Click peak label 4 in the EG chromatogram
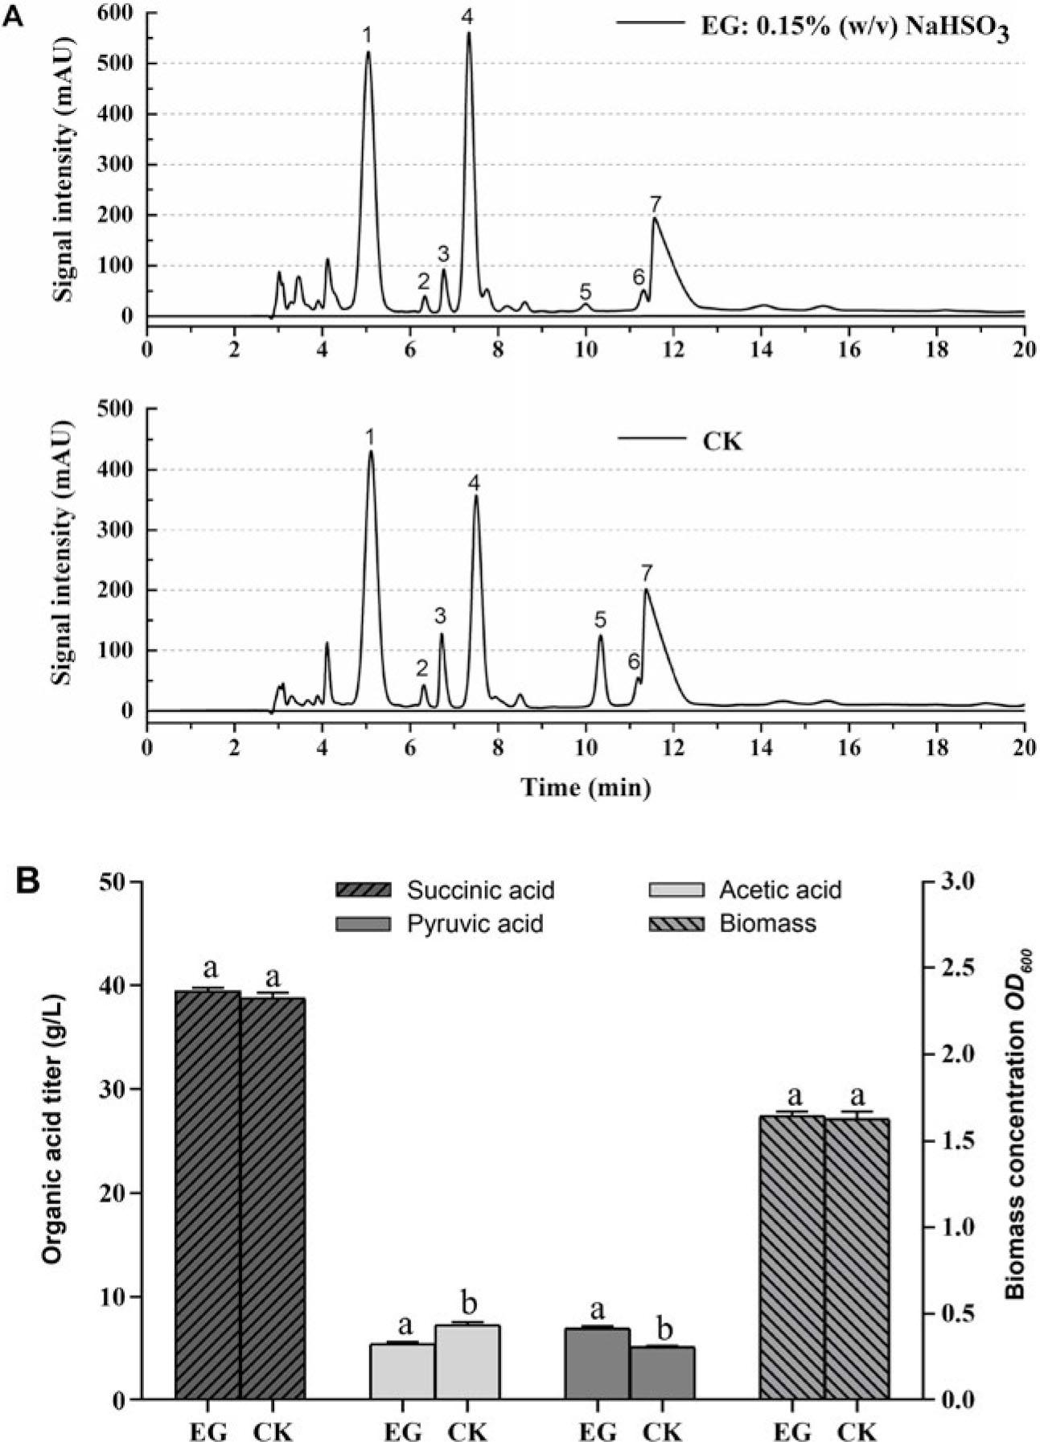tap(467, 17)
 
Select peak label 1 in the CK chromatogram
tap(369, 438)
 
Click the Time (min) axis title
tap(586, 787)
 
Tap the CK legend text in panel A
tap(723, 442)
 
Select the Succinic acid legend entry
tap(480, 890)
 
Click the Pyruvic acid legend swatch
tap(364, 923)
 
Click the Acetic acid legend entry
tap(780, 890)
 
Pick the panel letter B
tap(31, 882)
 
